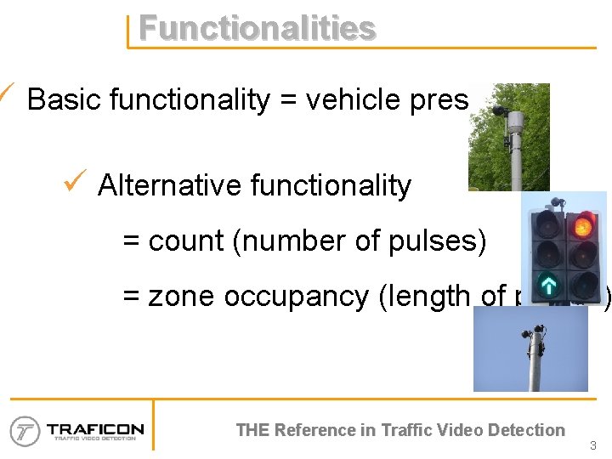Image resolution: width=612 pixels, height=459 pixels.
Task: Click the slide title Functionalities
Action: (x=257, y=28)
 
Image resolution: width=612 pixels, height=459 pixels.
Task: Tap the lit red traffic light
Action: (x=582, y=226)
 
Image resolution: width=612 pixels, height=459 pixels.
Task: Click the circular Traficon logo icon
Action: (x=25, y=431)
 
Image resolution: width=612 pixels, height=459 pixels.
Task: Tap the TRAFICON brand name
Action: (x=95, y=428)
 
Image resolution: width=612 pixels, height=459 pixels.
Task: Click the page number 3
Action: (x=592, y=445)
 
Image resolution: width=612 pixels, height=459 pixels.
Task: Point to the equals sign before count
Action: (x=131, y=242)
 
